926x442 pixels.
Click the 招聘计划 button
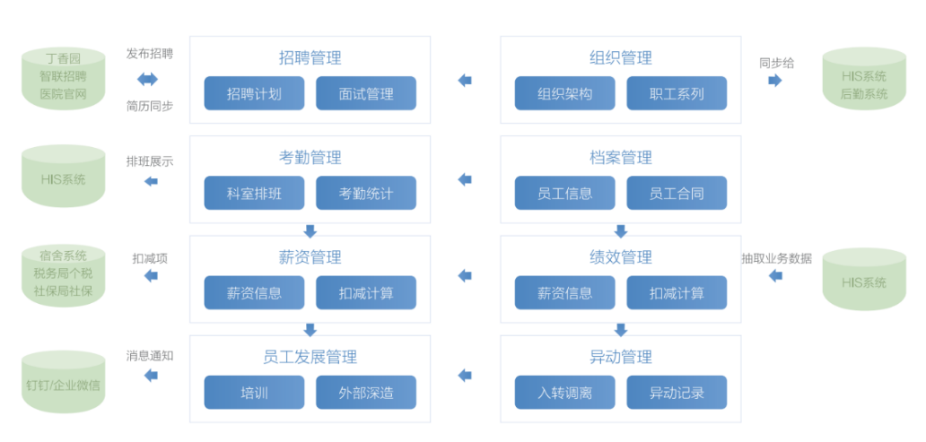pos(254,93)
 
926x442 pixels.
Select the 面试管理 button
pos(366,93)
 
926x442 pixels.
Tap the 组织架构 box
pos(564,93)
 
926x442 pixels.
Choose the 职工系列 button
pos(677,93)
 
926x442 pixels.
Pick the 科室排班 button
pos(254,193)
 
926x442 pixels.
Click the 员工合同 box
pos(677,193)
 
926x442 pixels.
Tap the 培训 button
pos(254,393)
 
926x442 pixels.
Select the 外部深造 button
pos(366,393)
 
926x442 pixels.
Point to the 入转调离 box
pos(564,393)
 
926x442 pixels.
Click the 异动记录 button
pos(677,393)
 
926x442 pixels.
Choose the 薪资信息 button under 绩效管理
pos(564,292)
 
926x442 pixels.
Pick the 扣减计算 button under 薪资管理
pos(366,292)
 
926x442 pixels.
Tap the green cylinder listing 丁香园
pos(63,79)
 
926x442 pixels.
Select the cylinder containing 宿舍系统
pos(63,275)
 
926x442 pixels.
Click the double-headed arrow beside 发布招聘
pos(148,79)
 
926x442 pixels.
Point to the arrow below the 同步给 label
pos(775,81)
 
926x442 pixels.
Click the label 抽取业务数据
pos(776,258)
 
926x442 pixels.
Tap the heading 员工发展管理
pos(310,357)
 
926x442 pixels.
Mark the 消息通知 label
pos(150,357)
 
